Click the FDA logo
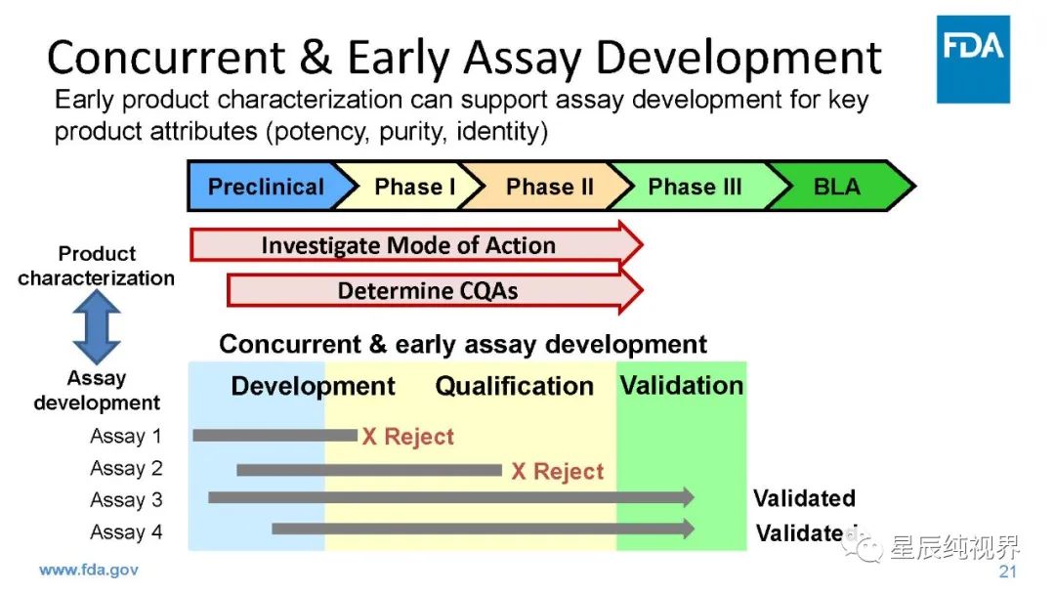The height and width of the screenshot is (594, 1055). pyautogui.click(x=974, y=59)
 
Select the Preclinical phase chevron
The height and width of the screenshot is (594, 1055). pyautogui.click(x=265, y=187)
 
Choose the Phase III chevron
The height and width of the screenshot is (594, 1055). pyautogui.click(x=695, y=187)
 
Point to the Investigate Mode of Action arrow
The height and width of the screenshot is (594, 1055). pyautogui.click(x=410, y=245)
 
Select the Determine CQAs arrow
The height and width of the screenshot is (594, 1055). pyautogui.click(x=430, y=291)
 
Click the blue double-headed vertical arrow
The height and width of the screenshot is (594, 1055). pyautogui.click(x=97, y=327)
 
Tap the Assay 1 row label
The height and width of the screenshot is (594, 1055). pyautogui.click(x=125, y=436)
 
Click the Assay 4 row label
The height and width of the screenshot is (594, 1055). pyautogui.click(x=125, y=532)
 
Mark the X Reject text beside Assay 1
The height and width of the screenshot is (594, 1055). pyautogui.click(x=408, y=437)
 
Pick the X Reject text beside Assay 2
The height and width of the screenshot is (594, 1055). pyautogui.click(x=558, y=471)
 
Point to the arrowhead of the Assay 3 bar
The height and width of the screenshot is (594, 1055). pyautogui.click(x=687, y=497)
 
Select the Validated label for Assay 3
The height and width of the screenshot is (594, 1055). pyautogui.click(x=804, y=498)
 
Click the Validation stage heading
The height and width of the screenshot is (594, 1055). pyautogui.click(x=681, y=385)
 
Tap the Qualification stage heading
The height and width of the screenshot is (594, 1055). pyautogui.click(x=514, y=386)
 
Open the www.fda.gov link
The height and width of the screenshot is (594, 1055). pyautogui.click(x=88, y=569)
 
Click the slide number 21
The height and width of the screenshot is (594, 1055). pyautogui.click(x=1007, y=572)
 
